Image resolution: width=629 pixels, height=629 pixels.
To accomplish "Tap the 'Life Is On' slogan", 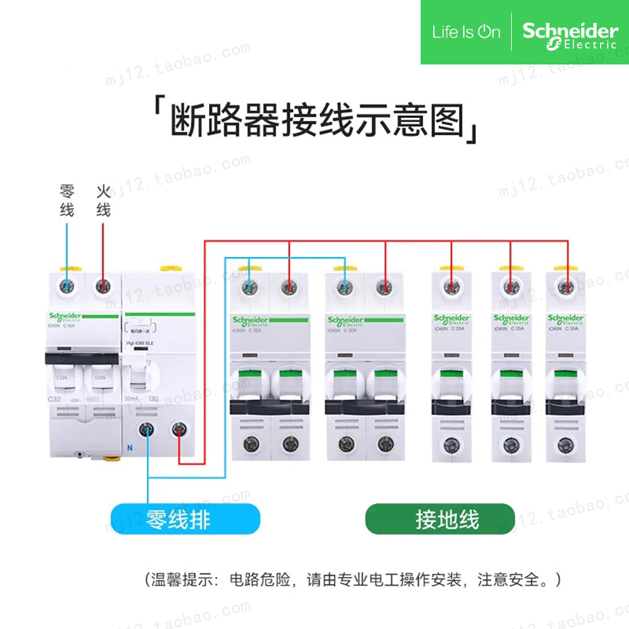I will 466,32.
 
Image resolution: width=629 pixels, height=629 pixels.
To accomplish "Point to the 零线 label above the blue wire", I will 67,201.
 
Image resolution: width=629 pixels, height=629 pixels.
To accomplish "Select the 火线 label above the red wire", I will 103,201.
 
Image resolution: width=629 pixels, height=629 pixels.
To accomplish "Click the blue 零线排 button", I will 185,519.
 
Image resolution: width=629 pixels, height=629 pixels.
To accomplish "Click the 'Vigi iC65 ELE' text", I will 140,344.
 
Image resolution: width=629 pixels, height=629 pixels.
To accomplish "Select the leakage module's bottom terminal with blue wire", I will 147,429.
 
